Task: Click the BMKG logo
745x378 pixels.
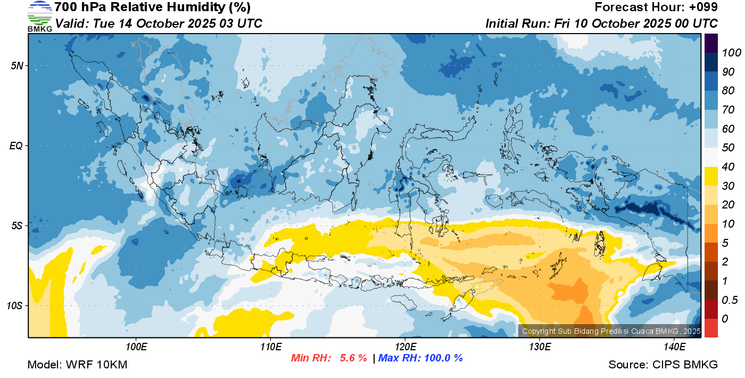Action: pos(40,16)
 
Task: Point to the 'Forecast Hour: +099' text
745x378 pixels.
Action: pos(656,7)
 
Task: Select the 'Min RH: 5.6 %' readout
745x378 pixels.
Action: pos(329,358)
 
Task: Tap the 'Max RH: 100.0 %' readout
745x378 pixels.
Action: pos(420,358)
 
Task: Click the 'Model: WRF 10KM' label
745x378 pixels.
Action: pos(77,365)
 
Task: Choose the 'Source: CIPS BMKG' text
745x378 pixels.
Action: pos(663,365)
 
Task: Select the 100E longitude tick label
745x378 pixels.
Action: pos(136,347)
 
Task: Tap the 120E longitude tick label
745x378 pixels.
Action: pos(405,347)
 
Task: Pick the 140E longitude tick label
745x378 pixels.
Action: pos(674,347)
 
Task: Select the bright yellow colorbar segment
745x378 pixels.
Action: pos(711,176)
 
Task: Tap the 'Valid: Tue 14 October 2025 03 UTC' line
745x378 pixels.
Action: pos(159,24)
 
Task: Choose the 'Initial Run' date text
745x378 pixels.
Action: pos(601,24)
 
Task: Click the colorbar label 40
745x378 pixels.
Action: pos(729,167)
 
